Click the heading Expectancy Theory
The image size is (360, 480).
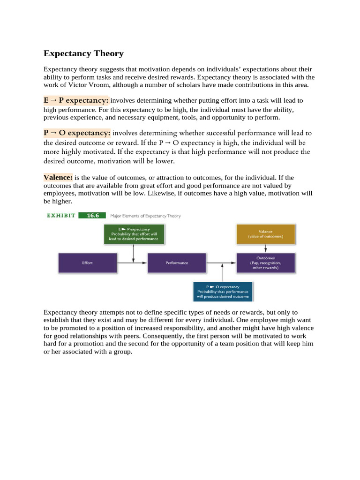pos(83,53)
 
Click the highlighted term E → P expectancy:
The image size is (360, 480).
pos(76,100)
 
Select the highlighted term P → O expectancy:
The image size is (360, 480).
pos(77,133)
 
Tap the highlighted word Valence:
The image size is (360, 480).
pos(58,178)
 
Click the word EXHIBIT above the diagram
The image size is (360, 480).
pos(60,216)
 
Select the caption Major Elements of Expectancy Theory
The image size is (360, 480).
pos(145,216)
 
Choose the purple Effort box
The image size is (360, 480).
pos(87,263)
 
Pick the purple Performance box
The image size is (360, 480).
pos(177,263)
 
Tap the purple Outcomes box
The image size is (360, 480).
pos(265,263)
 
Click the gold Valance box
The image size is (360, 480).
pos(265,234)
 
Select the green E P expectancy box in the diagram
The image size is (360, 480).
pos(134,234)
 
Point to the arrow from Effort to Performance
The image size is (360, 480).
pos(132,263)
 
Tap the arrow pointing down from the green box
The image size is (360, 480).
pos(134,253)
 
